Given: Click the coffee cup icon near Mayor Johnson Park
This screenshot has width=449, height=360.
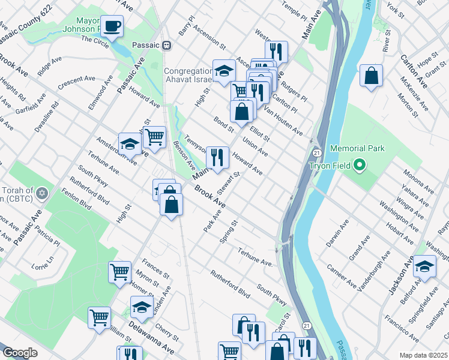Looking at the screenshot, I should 112,26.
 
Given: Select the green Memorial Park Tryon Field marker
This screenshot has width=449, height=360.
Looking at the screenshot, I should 360,164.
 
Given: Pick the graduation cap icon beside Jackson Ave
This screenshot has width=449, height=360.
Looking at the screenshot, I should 424,266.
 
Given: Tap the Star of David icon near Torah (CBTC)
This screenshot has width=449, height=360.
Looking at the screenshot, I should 41,193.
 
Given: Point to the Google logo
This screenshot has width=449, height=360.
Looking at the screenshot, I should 20,353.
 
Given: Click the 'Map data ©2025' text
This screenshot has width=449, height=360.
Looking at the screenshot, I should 423,355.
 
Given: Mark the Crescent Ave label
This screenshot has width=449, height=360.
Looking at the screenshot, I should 76,82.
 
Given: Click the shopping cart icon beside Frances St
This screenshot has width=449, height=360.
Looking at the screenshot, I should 120,272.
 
